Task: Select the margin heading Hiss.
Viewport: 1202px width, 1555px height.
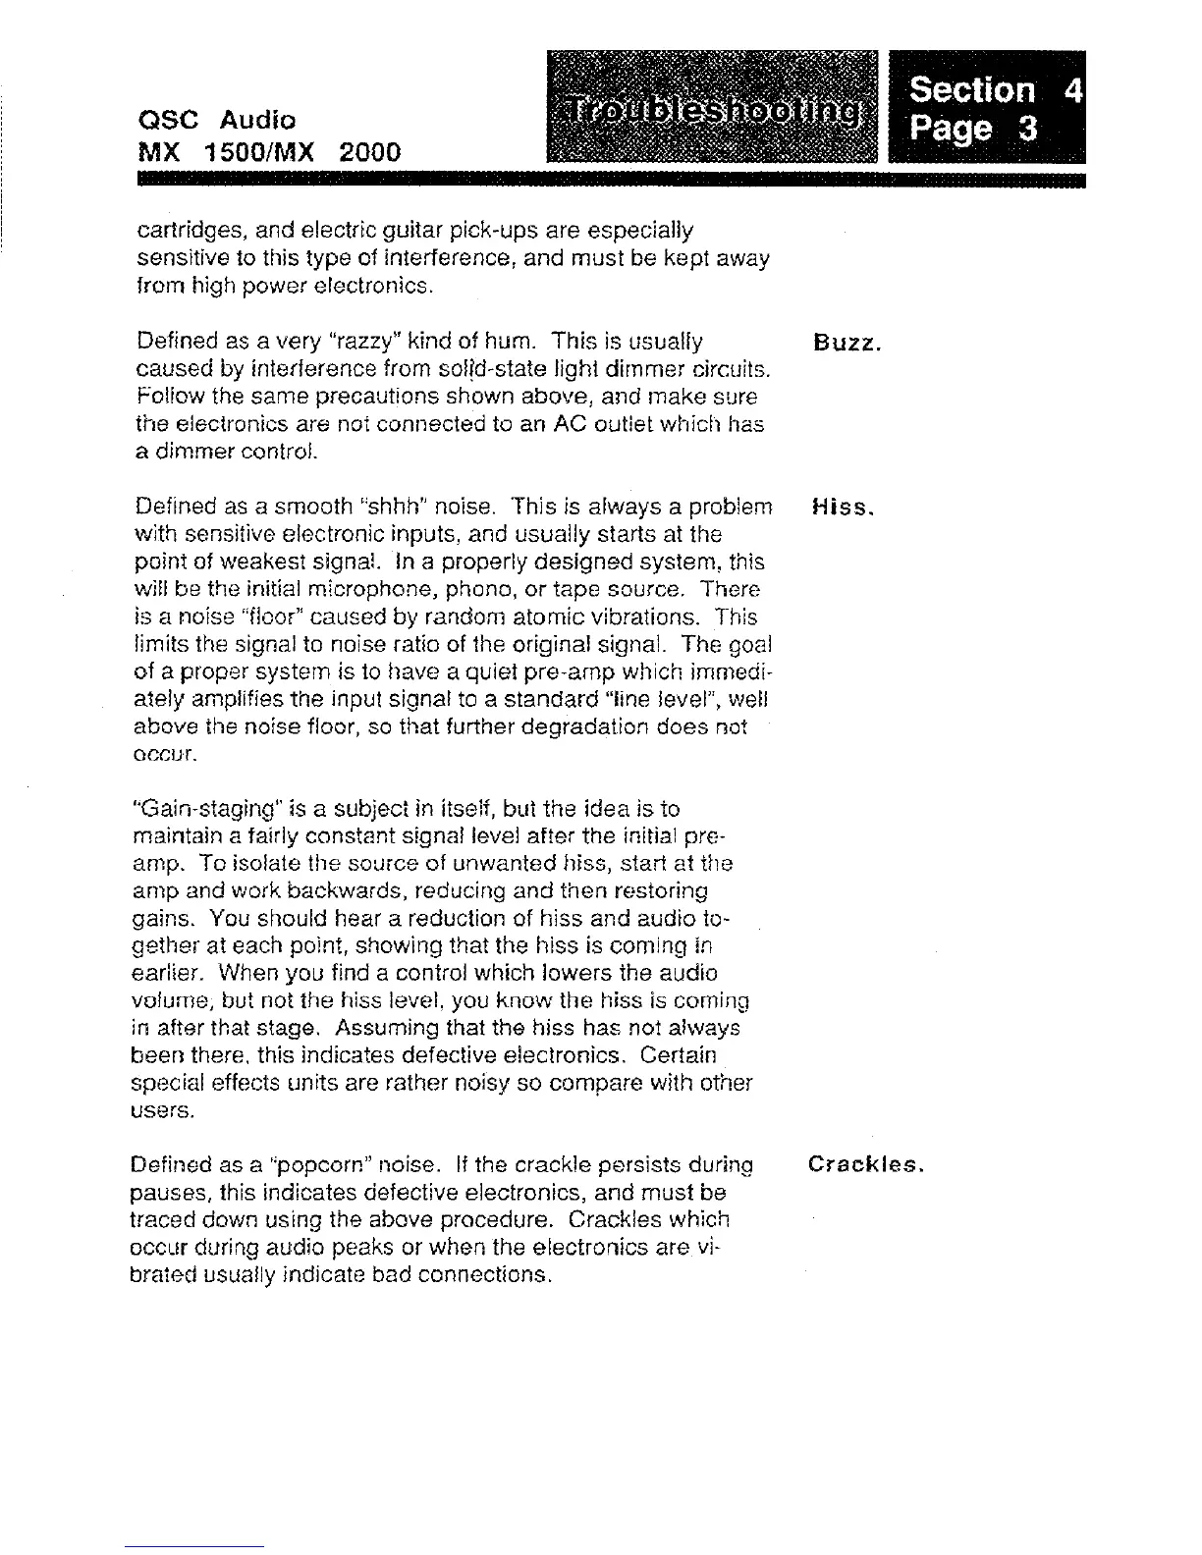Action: tap(841, 509)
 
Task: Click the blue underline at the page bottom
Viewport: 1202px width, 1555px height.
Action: tap(194, 1546)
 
